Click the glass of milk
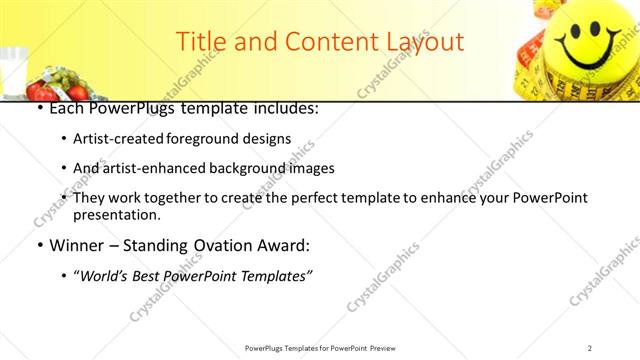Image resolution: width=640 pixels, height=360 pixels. (x=13, y=71)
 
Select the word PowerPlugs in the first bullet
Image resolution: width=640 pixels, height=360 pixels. (x=133, y=107)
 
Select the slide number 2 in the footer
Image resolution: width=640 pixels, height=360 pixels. (x=590, y=347)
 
